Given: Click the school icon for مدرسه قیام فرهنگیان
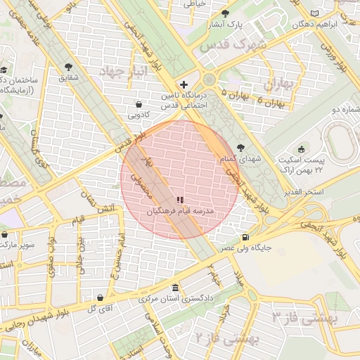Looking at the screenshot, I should click(179, 200).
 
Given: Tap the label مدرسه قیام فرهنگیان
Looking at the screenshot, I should click(179, 211).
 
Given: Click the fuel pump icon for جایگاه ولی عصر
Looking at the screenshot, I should click(245, 237).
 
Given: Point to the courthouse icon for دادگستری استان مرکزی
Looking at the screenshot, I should click(175, 288).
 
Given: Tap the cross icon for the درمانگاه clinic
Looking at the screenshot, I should click(184, 84).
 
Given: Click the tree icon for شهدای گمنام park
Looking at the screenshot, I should click(242, 148).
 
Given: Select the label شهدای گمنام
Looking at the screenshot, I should click(241, 160).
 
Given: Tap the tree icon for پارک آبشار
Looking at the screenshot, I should click(225, 13).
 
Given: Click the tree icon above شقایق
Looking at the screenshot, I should click(68, 67).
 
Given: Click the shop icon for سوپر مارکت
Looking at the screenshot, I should click(5, 234).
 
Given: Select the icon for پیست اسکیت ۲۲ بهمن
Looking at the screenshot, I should click(302, 148).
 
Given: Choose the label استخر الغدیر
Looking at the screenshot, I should click(304, 192).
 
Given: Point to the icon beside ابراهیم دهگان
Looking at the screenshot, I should click(314, 13).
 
